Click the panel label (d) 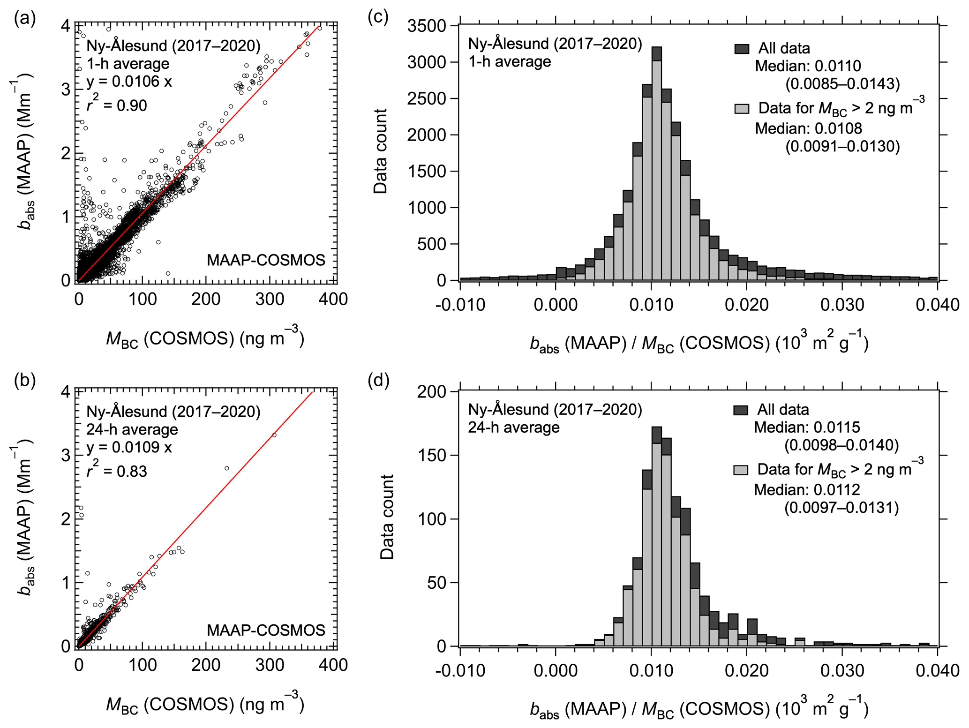click(x=379, y=381)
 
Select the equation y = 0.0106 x click(x=129, y=82)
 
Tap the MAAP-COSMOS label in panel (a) click(x=266, y=260)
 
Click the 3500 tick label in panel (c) click(x=426, y=26)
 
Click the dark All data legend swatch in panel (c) click(x=742, y=49)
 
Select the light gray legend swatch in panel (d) click(x=741, y=470)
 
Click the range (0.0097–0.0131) click(x=841, y=508)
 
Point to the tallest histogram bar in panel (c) click(x=656, y=164)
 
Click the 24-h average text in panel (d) click(x=514, y=428)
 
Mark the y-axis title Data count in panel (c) click(x=381, y=151)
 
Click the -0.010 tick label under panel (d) click(x=460, y=671)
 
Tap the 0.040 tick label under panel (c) click(x=937, y=305)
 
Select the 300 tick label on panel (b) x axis click(x=269, y=665)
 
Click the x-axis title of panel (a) click(x=205, y=338)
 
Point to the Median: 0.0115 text click(x=807, y=428)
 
